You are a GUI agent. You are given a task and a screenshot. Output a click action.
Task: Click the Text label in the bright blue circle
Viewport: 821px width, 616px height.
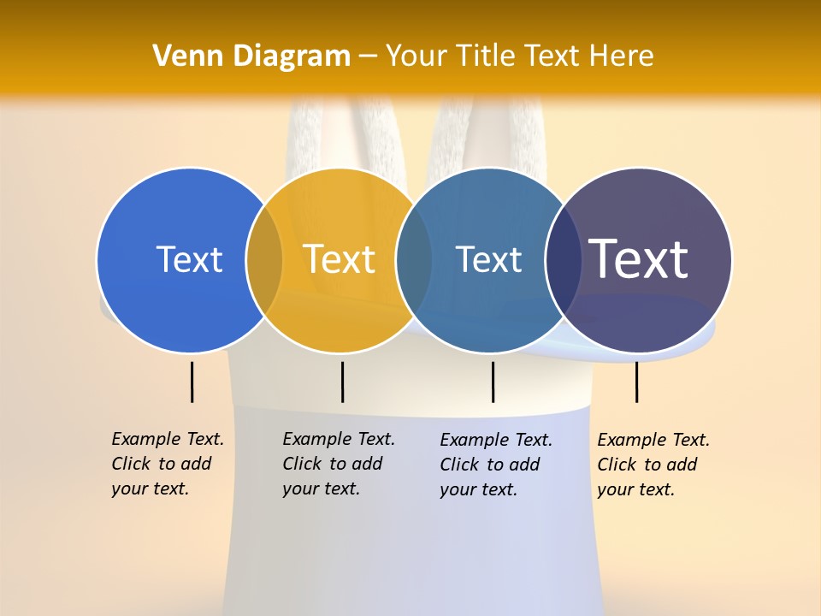(189, 259)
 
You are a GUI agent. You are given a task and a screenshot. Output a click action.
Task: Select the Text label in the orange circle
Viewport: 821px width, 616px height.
(339, 259)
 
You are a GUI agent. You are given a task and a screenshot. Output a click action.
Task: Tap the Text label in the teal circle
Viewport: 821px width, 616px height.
(488, 259)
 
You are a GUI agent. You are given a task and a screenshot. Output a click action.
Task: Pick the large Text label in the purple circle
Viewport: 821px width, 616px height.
(639, 258)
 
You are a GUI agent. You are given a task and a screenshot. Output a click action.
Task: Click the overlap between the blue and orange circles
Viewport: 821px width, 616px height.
(264, 259)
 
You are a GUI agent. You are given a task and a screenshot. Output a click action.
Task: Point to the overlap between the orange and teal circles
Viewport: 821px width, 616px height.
(414, 259)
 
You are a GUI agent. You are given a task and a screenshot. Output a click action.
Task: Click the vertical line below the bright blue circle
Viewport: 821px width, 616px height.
(192, 382)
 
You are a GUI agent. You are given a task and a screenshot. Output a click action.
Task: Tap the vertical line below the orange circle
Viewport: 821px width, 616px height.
(342, 382)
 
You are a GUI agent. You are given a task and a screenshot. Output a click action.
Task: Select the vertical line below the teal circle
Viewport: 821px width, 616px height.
(493, 382)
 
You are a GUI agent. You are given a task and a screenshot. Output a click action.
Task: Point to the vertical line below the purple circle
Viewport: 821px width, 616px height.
(636, 382)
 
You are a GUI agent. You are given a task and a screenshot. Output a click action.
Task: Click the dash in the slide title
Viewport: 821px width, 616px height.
(368, 57)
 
